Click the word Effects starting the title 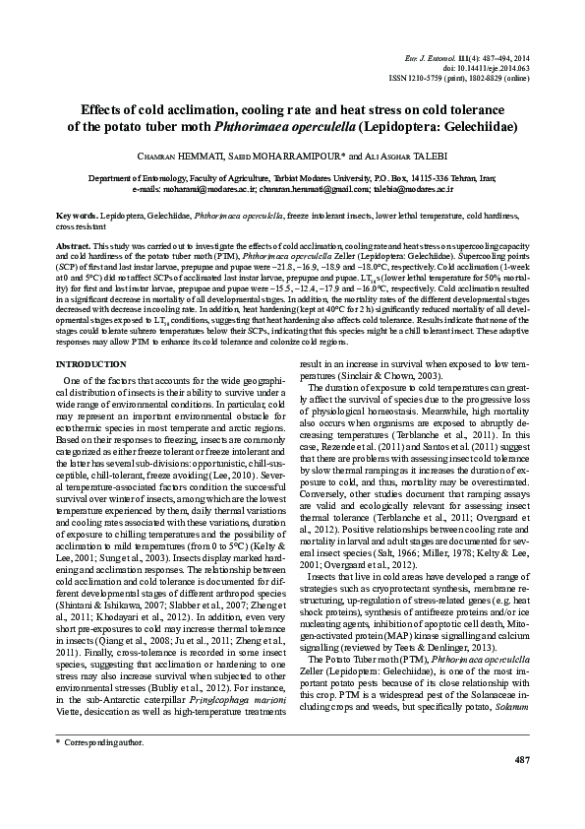104,109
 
